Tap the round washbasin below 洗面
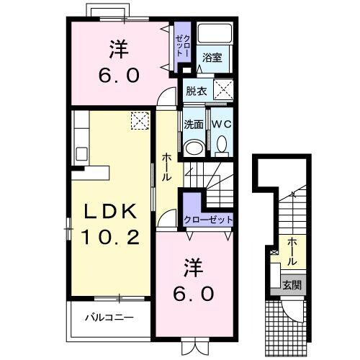pyautogui.click(x=193, y=148)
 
